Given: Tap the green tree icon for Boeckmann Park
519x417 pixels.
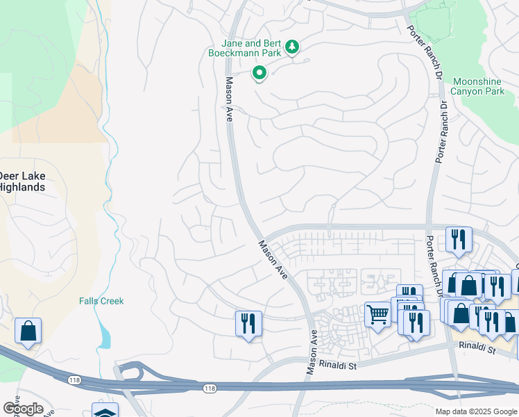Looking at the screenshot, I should tap(293, 47).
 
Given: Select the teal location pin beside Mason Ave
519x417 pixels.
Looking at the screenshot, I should tap(259, 72).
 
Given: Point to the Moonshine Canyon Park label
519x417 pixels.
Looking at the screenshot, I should tap(477, 86).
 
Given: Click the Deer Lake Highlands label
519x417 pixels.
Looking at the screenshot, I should tap(22, 181).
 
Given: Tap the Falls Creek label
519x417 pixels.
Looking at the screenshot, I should tap(101, 301).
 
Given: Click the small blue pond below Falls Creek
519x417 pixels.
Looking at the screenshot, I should tap(104, 338).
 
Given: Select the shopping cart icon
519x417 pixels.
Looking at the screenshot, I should tap(377, 315).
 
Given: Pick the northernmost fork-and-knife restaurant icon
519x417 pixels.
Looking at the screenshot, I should tap(458, 240).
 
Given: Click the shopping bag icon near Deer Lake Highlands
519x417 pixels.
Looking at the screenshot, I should tap(28, 332).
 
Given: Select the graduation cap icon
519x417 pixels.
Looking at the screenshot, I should tap(105, 412).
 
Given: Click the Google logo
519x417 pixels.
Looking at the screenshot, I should tap(22, 409).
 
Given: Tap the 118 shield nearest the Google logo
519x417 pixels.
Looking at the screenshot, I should tap(74, 379).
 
